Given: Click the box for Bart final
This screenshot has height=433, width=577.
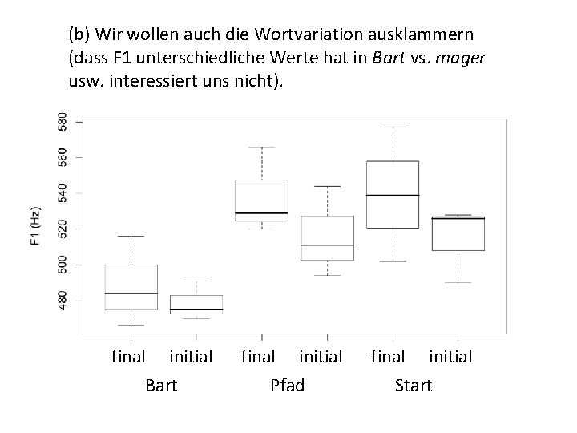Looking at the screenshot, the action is [x=131, y=287].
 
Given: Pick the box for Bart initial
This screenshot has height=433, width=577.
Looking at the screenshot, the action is [x=196, y=305].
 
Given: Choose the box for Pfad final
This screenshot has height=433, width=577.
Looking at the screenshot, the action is [x=262, y=200].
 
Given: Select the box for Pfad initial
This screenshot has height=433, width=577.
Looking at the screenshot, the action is [x=328, y=237].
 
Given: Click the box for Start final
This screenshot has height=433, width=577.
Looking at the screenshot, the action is [x=393, y=195].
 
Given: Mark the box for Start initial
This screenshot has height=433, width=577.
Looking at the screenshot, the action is [x=458, y=233].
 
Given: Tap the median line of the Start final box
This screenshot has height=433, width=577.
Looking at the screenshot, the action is [x=393, y=196].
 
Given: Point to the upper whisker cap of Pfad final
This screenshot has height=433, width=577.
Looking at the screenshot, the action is [x=262, y=147].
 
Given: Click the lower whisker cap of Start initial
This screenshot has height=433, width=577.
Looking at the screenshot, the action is [x=458, y=282].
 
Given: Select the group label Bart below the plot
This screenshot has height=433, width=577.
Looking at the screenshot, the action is [x=162, y=386].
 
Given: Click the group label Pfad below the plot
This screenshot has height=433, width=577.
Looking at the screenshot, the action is [x=287, y=386].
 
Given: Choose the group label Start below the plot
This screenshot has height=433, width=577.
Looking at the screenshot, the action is [x=414, y=386].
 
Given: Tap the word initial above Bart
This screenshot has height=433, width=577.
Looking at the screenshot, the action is [x=191, y=356].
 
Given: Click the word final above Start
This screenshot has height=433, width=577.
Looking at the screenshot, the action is [x=388, y=356].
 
